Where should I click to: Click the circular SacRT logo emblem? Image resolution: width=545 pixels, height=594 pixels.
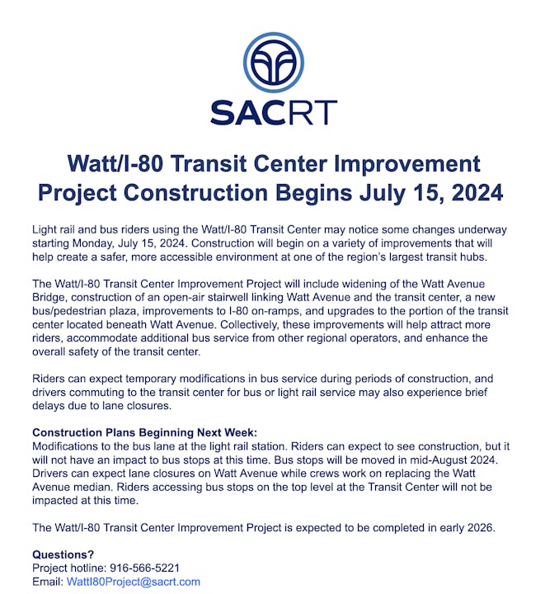click(274, 63)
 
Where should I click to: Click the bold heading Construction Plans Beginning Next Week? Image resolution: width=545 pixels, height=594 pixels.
click(144, 432)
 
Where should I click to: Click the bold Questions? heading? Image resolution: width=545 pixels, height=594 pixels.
click(63, 554)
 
